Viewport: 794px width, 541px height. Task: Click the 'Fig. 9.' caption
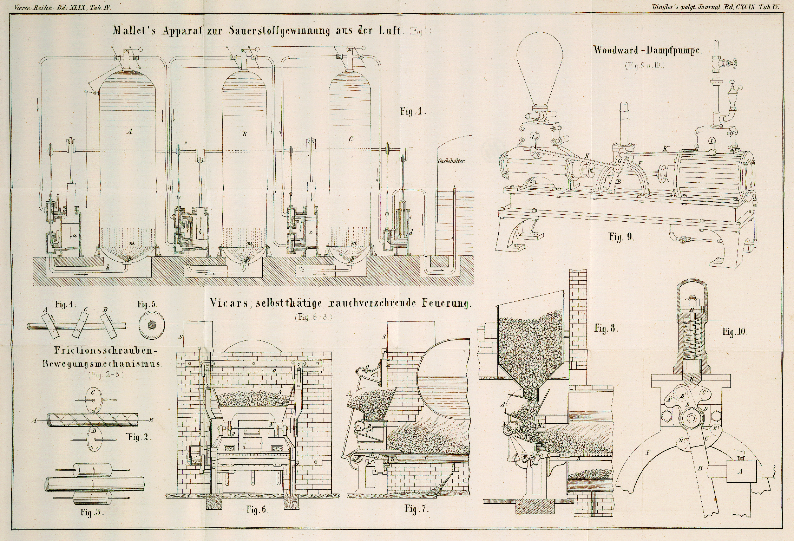click(621, 237)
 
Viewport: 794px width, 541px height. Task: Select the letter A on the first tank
click(130, 132)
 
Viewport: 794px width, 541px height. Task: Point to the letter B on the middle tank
click(244, 134)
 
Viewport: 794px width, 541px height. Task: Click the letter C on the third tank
click(351, 139)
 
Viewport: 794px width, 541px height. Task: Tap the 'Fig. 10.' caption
click(735, 332)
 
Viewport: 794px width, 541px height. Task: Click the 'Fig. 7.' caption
click(416, 509)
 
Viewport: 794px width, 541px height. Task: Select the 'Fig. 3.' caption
click(90, 513)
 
